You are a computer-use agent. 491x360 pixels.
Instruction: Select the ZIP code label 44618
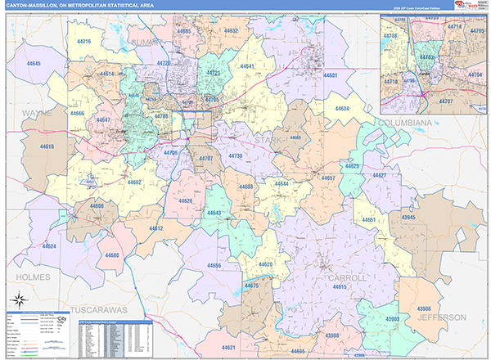[46, 146]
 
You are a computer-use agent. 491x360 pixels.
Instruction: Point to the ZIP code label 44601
[330, 75]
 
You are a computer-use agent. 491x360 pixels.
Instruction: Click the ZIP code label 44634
[342, 108]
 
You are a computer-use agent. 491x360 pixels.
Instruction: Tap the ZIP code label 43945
[409, 217]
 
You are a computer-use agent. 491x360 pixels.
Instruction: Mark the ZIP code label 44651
[369, 220]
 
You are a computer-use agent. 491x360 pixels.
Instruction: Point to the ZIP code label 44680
[112, 255]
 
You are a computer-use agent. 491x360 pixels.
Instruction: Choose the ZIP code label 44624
[50, 246]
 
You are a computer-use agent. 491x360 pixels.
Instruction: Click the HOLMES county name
[32, 277]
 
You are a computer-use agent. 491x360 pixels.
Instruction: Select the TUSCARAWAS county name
[98, 311]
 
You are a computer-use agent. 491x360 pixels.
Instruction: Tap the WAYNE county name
[37, 113]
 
